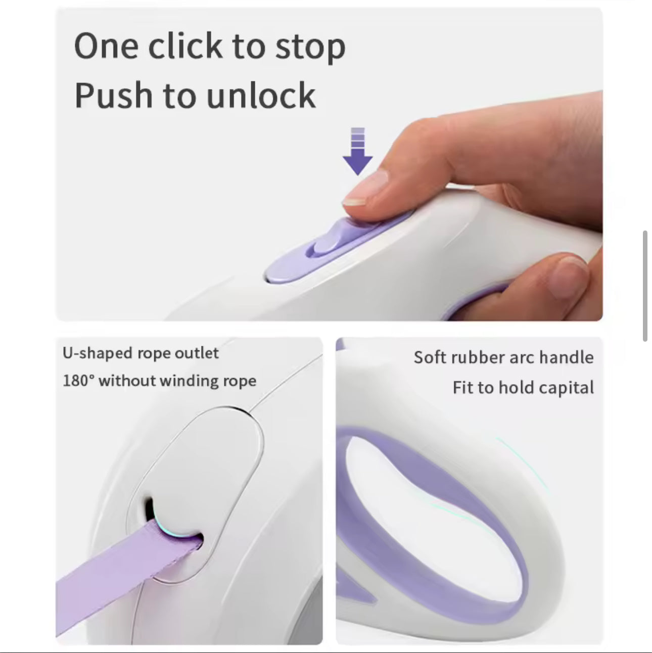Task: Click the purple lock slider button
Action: tap(334, 237)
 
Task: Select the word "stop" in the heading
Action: tap(310, 49)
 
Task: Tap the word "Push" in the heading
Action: tap(113, 95)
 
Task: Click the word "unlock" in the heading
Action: tap(261, 95)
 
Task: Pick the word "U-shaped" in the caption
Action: tap(98, 353)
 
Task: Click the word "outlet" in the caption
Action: tap(197, 353)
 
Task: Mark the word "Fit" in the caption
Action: tap(463, 387)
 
